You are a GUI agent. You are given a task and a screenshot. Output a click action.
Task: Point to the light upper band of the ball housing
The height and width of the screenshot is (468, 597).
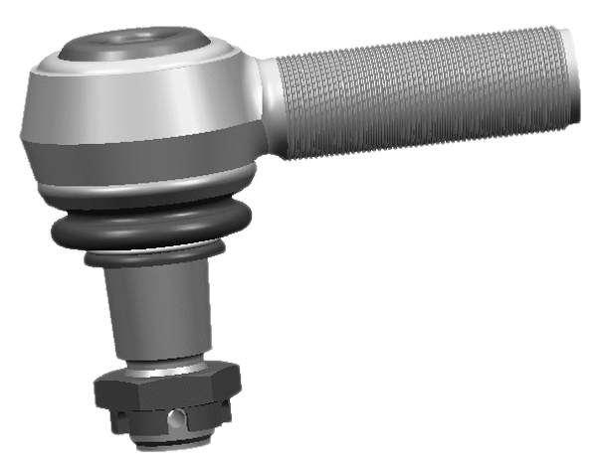(x=139, y=104)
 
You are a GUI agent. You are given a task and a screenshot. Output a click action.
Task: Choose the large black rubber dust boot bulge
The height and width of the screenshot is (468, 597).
(x=149, y=234)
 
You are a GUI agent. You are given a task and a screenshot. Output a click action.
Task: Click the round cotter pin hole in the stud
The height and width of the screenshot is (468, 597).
(x=175, y=417)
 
